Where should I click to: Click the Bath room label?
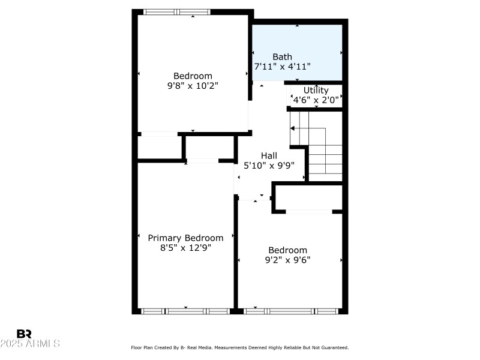(x=283, y=57)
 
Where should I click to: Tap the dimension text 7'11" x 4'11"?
(x=282, y=67)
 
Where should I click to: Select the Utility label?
(x=316, y=91)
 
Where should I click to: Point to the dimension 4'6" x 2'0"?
(x=316, y=100)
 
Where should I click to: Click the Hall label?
(x=269, y=155)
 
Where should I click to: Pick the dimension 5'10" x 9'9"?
(x=269, y=166)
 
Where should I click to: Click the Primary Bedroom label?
(x=185, y=238)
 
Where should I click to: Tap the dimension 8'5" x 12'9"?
(x=185, y=247)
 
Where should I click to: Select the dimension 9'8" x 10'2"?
(x=193, y=86)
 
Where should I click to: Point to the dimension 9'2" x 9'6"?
(x=287, y=260)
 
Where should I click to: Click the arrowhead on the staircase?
(x=293, y=128)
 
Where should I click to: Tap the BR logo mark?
(x=24, y=334)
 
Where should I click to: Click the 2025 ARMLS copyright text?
(x=30, y=344)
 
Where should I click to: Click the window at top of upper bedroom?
(x=177, y=11)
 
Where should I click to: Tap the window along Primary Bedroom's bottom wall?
(x=185, y=311)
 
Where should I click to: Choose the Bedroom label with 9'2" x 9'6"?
(x=287, y=250)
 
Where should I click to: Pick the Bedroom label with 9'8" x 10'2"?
(x=193, y=76)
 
